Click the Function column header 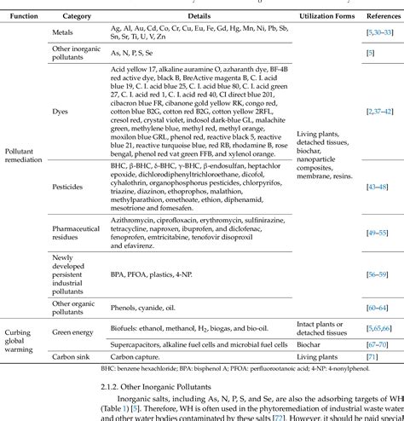point(22,16)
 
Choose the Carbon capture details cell point(139,359)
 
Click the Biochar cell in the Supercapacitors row point(312,343)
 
